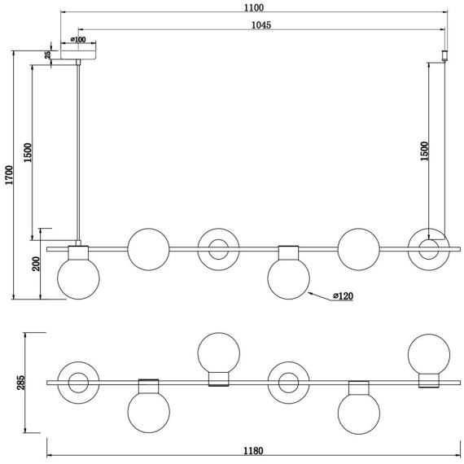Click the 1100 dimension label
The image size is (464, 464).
coord(254,7)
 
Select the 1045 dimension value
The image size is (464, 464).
coord(261,25)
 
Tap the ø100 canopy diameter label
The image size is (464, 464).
coord(78,39)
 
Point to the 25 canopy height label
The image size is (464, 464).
coord(47,55)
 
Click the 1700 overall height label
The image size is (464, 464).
coord(10,175)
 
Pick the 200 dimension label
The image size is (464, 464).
coord(36,264)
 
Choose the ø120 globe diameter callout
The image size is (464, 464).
coord(343,295)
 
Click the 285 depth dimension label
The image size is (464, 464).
coord(21,383)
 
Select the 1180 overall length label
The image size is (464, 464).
coord(253,451)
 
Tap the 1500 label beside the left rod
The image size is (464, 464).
coord(28,153)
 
